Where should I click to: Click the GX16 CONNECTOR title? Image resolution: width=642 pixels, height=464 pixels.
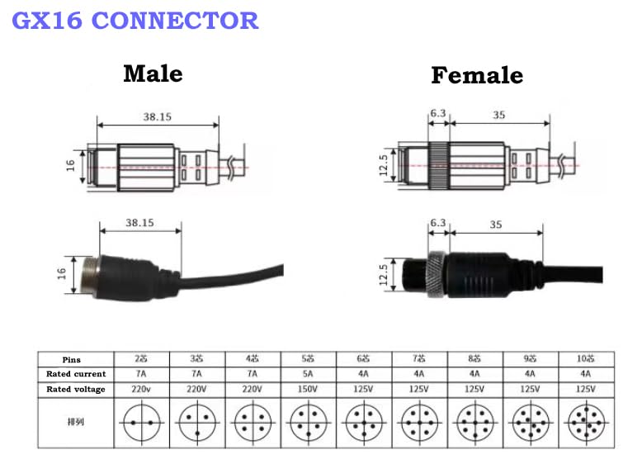click(x=135, y=21)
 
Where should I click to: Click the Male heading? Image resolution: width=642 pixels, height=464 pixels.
click(x=153, y=73)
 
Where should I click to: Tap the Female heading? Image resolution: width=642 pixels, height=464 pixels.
click(x=477, y=75)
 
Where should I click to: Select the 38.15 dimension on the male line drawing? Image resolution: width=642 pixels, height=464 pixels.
click(x=158, y=116)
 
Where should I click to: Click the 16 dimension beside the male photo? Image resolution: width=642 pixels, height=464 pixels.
click(x=61, y=273)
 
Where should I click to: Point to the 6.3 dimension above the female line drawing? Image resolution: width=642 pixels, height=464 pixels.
click(x=437, y=113)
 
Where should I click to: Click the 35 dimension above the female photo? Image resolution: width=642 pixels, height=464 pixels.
click(x=496, y=225)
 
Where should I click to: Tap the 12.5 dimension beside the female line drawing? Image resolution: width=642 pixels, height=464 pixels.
click(x=383, y=165)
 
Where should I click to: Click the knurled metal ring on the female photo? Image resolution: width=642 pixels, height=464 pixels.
click(x=436, y=273)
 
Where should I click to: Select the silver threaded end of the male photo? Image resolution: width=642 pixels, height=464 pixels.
click(x=90, y=276)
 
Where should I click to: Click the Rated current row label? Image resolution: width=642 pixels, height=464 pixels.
click(x=76, y=374)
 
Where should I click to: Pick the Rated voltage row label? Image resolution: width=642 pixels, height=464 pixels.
click(x=76, y=389)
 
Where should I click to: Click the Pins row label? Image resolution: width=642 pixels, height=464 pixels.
click(x=71, y=360)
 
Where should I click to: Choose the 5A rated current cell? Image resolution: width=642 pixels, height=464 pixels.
click(x=308, y=374)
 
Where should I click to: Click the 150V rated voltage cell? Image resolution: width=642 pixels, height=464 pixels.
click(x=308, y=389)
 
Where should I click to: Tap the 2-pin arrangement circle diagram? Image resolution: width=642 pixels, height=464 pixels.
click(x=142, y=423)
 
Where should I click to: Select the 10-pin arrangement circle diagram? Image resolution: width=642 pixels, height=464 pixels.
click(x=587, y=423)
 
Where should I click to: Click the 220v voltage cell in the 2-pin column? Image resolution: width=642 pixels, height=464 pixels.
click(x=141, y=389)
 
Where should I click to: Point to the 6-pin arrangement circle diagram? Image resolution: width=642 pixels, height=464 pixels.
click(x=364, y=423)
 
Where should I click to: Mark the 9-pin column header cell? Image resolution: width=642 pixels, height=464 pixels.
click(x=531, y=359)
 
